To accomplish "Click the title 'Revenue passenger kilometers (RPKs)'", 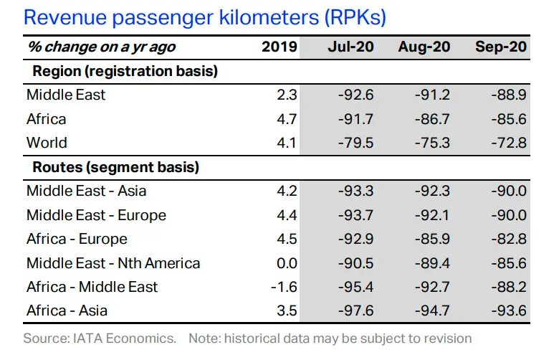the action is click(205, 17).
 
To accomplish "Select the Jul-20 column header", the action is click(350, 47).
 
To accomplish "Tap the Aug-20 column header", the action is click(424, 47).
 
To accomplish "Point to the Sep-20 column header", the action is click(501, 47).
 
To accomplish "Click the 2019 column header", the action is click(279, 47).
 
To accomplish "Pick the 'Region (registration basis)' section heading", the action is click(125, 71).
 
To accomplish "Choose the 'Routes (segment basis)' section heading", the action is click(116, 167).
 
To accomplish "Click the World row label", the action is click(47, 143).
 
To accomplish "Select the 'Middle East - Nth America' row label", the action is click(113, 263).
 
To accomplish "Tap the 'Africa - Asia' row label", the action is click(67, 311).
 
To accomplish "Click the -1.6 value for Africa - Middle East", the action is click(284, 287).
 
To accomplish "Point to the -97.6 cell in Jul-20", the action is click(355, 311).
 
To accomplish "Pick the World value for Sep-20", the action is click(509, 143).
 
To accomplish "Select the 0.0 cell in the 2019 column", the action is click(287, 263).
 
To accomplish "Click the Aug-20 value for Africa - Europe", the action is click(432, 239).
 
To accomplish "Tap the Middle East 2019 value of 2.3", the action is click(287, 95).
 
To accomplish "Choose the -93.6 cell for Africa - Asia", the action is click(509, 311).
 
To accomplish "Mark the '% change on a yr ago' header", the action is click(102, 47).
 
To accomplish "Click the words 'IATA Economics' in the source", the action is click(124, 338).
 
